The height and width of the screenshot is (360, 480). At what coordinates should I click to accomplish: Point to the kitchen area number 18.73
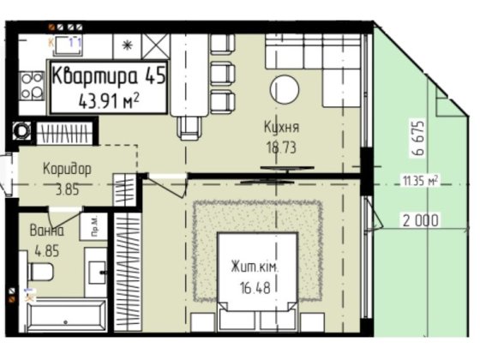pos(282,146)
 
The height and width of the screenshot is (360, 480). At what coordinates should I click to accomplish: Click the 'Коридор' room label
pos(67,168)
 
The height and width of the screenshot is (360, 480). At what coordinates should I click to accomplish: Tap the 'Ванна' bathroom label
pos(44,231)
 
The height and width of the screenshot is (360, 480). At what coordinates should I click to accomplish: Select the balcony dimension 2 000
pos(420,220)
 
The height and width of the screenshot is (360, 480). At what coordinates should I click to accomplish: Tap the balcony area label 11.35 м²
pos(421,180)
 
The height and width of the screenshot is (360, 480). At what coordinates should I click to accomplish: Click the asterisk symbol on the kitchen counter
pos(129,45)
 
